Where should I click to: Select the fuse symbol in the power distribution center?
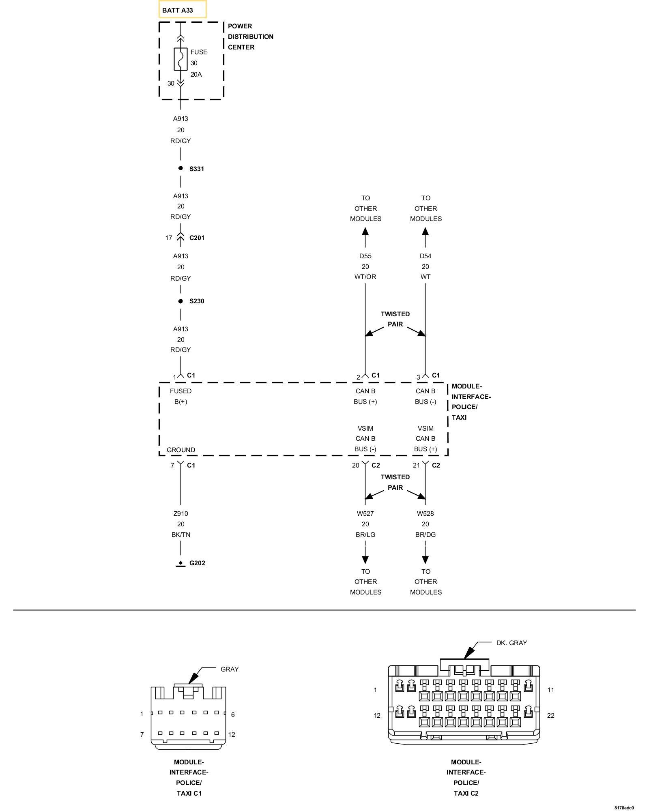tap(181, 59)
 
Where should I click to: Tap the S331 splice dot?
tap(181, 168)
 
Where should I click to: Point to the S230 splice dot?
tap(181, 301)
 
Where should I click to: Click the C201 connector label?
tap(197, 238)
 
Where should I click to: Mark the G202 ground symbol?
tap(181, 564)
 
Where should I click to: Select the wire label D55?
tap(365, 256)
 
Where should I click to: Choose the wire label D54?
tap(425, 256)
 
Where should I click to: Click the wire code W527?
tap(365, 513)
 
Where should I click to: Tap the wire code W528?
tap(425, 513)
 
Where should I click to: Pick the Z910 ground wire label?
tap(181, 513)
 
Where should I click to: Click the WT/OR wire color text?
tap(365, 277)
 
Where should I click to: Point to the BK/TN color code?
tap(181, 534)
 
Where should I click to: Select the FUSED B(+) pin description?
tap(181, 396)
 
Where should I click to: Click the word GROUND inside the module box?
tap(181, 450)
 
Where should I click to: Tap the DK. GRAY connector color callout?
tap(511, 643)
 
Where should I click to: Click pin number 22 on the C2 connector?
tap(550, 715)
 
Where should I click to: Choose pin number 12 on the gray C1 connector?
tap(232, 734)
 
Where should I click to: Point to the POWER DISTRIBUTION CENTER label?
tap(250, 36)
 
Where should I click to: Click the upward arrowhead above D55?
tap(365, 232)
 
